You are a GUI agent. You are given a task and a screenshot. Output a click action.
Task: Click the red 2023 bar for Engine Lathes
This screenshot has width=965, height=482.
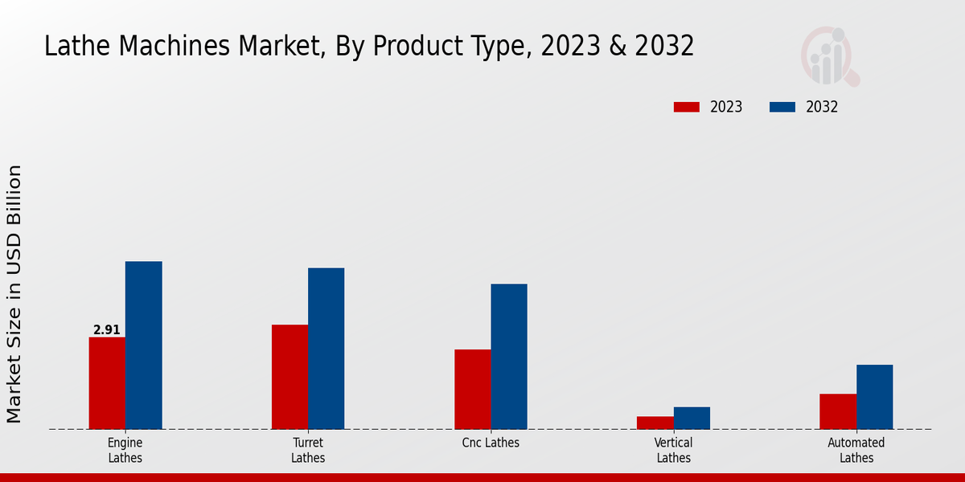click(x=107, y=383)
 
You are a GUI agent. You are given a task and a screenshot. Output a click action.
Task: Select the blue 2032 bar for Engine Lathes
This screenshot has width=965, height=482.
click(x=143, y=345)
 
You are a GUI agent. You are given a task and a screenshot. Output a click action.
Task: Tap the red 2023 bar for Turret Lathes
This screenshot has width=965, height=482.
click(x=289, y=377)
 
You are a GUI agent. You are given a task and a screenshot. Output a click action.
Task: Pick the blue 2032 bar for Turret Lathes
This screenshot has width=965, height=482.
click(x=326, y=349)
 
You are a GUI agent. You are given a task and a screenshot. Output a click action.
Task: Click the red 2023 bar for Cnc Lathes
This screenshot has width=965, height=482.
click(x=472, y=390)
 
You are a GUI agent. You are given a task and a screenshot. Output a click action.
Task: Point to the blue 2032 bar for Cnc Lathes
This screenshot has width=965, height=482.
click(x=509, y=357)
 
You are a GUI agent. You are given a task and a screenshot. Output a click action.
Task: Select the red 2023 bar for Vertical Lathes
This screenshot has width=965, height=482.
click(x=655, y=423)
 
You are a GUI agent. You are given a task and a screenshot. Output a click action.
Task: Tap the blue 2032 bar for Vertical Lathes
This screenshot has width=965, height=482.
click(x=692, y=418)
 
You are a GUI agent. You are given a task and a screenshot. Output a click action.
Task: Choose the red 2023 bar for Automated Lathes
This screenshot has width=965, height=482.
click(x=838, y=411)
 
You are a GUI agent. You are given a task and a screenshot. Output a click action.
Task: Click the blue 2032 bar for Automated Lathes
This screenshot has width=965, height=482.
click(x=874, y=397)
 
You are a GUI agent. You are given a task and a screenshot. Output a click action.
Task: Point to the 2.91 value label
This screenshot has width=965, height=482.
click(x=107, y=330)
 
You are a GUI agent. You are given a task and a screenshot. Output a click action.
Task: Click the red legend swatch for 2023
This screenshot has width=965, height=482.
click(x=687, y=107)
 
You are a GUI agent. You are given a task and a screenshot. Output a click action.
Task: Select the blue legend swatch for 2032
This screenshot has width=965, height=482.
click(x=782, y=107)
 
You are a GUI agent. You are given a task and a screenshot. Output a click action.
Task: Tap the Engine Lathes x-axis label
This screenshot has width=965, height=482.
click(x=125, y=450)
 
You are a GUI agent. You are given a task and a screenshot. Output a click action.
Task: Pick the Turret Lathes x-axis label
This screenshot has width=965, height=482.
click(x=308, y=450)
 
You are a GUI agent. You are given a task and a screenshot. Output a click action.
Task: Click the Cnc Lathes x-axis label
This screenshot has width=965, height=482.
click(x=491, y=443)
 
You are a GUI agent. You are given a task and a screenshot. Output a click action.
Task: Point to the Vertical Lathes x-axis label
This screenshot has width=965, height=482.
click(x=674, y=450)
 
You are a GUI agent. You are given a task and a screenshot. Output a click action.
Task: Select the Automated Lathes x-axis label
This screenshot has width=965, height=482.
click(x=856, y=450)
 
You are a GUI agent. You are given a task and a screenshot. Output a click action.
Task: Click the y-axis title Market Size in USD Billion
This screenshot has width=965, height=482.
click(x=14, y=294)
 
